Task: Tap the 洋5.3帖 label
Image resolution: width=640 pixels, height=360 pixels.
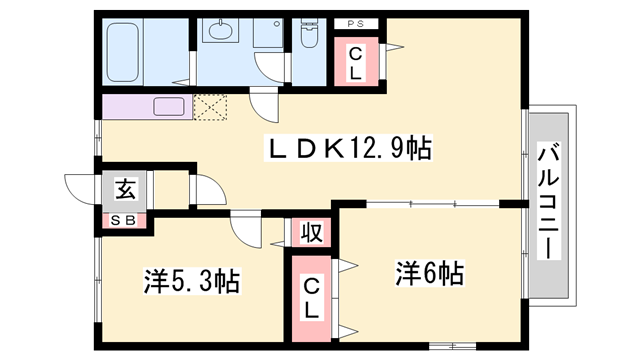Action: click(x=189, y=282)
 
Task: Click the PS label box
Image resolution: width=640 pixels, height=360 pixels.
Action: click(x=355, y=23)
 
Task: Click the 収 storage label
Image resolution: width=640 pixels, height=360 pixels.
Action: click(x=312, y=234)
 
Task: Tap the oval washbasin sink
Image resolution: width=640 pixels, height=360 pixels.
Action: click(x=219, y=29)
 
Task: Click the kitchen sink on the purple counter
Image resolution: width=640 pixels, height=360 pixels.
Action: click(x=165, y=105)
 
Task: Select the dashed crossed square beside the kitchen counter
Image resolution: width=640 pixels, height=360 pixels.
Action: click(x=211, y=107)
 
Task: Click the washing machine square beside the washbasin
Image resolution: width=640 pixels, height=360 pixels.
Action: click(x=267, y=33)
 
